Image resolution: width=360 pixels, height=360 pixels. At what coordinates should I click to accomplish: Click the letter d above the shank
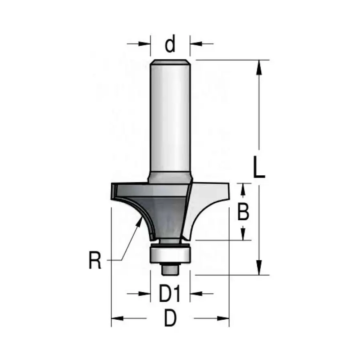170,44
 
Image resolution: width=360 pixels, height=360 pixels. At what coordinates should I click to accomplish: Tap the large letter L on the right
259,167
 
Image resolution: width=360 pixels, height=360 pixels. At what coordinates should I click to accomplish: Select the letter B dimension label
243,212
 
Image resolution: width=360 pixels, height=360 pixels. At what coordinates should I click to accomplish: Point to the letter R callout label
95,260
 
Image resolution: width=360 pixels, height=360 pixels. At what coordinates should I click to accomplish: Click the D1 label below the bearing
170,294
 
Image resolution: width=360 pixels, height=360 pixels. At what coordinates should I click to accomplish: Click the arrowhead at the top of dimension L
259,67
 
